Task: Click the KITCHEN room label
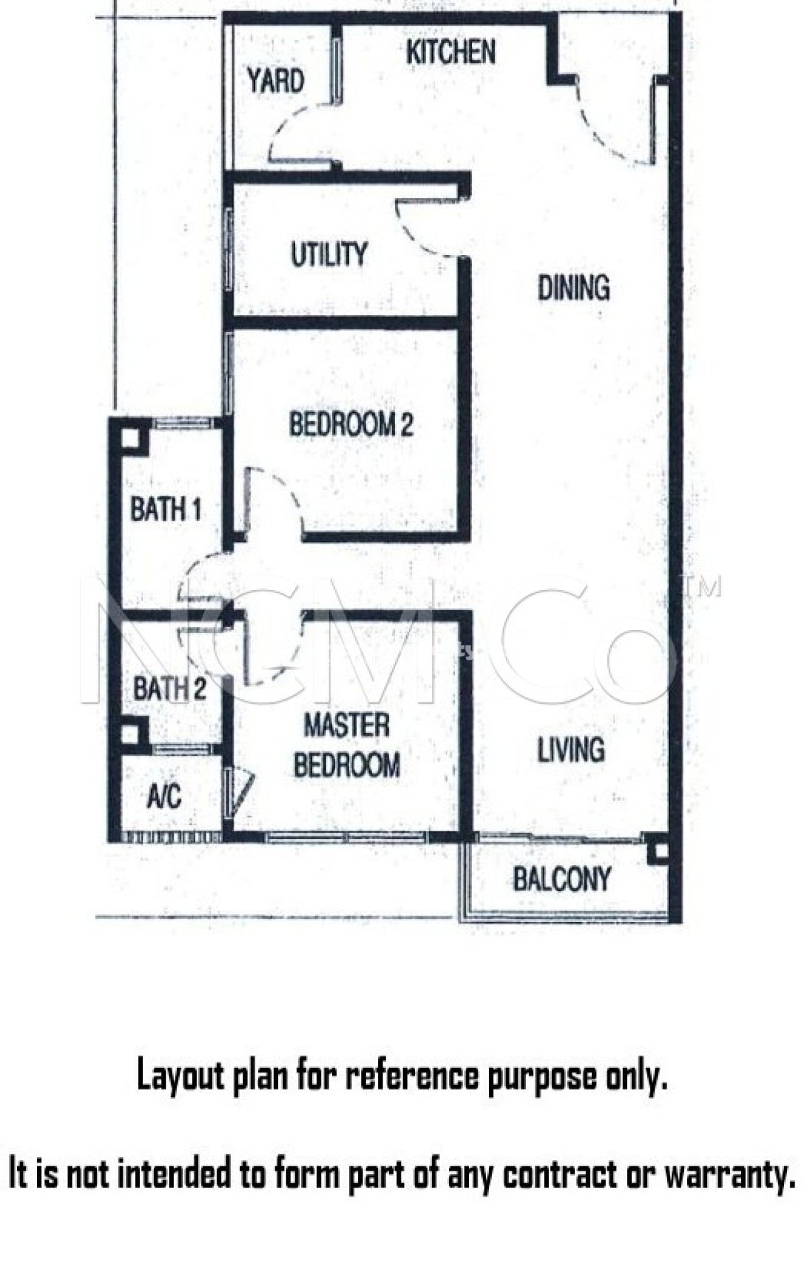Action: pyautogui.click(x=451, y=52)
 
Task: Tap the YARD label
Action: pyautogui.click(x=275, y=81)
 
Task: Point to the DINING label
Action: pyautogui.click(x=573, y=289)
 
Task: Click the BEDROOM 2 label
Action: pyautogui.click(x=351, y=424)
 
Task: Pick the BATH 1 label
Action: pyautogui.click(x=166, y=509)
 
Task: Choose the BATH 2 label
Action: pyautogui.click(x=169, y=689)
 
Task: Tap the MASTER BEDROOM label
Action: pyautogui.click(x=347, y=746)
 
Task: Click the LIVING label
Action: pyautogui.click(x=571, y=749)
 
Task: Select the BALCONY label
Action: pyautogui.click(x=561, y=879)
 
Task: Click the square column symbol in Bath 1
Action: pyautogui.click(x=130, y=437)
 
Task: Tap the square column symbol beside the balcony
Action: pyautogui.click(x=660, y=851)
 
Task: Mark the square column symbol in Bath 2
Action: pyautogui.click(x=129, y=734)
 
